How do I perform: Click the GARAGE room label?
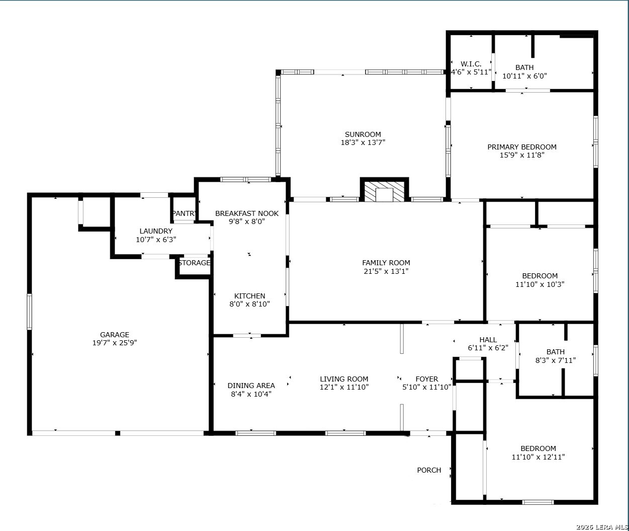(115, 334)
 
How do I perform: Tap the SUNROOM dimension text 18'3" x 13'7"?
(363, 142)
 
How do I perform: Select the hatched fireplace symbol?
(384, 191)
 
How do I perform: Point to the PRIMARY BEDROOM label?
(522, 147)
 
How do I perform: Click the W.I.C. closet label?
(471, 64)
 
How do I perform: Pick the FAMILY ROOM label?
(386, 263)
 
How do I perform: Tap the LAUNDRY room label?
(156, 231)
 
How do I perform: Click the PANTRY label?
(184, 213)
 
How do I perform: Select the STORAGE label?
(194, 263)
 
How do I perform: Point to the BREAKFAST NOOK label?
(247, 213)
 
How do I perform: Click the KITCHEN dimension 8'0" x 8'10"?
(249, 304)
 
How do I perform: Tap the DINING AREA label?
(251, 386)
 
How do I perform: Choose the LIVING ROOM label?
(344, 378)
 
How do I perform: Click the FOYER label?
(426, 378)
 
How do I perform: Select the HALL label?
(488, 340)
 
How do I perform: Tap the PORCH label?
(429, 470)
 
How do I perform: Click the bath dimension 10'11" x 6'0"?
(524, 76)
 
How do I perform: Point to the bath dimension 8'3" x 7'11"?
(556, 360)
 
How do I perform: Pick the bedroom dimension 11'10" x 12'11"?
(538, 457)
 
